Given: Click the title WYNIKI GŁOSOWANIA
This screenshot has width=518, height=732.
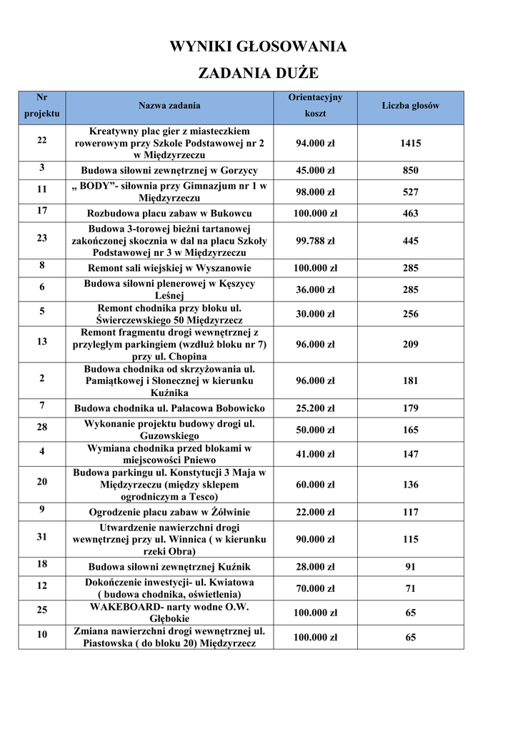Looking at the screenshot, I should pyautogui.click(x=258, y=47).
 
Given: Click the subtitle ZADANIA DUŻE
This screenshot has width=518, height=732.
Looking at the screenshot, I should pyautogui.click(x=258, y=73).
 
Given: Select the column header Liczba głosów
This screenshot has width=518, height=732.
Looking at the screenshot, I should pyautogui.click(x=410, y=106).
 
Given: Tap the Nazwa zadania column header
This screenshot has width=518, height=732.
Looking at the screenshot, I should pyautogui.click(x=169, y=106).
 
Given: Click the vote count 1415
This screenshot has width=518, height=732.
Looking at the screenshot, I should pyautogui.click(x=410, y=144).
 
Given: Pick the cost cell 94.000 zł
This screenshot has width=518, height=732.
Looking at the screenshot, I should pyautogui.click(x=315, y=144).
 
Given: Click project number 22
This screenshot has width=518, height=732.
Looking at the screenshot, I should pyautogui.click(x=42, y=139).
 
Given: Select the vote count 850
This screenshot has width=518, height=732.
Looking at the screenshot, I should pyautogui.click(x=410, y=171).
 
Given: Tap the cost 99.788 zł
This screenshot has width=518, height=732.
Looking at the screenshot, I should pyautogui.click(x=315, y=242).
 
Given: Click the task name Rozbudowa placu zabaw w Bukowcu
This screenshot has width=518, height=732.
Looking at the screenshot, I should pyautogui.click(x=169, y=214).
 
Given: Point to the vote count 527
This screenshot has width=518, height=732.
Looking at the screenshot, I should pyautogui.click(x=410, y=192).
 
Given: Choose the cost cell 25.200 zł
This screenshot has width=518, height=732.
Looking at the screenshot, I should pyautogui.click(x=315, y=409).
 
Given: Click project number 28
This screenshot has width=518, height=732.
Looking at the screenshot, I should pyautogui.click(x=42, y=427).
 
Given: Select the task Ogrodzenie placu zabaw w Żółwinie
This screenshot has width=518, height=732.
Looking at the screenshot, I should pyautogui.click(x=169, y=513).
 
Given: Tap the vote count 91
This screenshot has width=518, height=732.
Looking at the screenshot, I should pyautogui.click(x=410, y=568).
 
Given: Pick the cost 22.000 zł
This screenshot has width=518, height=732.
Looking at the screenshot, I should pyautogui.click(x=315, y=513).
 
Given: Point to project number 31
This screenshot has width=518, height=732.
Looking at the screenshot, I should pyautogui.click(x=42, y=536).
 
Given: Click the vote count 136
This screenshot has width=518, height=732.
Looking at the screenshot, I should pyautogui.click(x=410, y=485).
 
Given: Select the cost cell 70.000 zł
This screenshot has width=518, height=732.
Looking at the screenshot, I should pyautogui.click(x=315, y=589).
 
